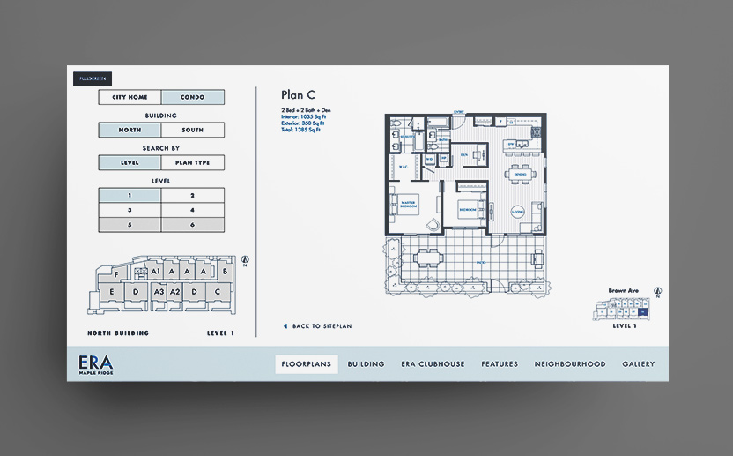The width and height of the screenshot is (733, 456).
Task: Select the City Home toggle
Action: click(130, 97)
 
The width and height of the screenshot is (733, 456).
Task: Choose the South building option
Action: click(193, 130)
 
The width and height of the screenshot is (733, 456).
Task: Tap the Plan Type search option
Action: click(193, 162)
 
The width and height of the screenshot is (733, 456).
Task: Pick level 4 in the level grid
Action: click(193, 210)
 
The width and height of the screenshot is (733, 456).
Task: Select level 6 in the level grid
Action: click(193, 225)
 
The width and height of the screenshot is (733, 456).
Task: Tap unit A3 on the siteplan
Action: click(159, 291)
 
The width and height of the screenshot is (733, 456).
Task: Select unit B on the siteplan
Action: click(226, 273)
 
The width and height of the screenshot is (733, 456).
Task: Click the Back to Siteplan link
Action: click(318, 326)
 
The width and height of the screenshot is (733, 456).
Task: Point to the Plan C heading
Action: click(298, 95)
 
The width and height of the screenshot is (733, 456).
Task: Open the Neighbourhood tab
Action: click(570, 364)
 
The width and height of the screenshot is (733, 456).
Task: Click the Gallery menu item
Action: click(639, 364)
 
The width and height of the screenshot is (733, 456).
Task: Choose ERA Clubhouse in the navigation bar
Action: click(433, 364)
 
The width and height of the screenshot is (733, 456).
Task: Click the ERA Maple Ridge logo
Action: click(96, 364)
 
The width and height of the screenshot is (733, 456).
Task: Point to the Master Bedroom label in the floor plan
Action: click(407, 203)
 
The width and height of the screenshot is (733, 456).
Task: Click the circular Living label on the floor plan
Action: click(517, 210)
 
